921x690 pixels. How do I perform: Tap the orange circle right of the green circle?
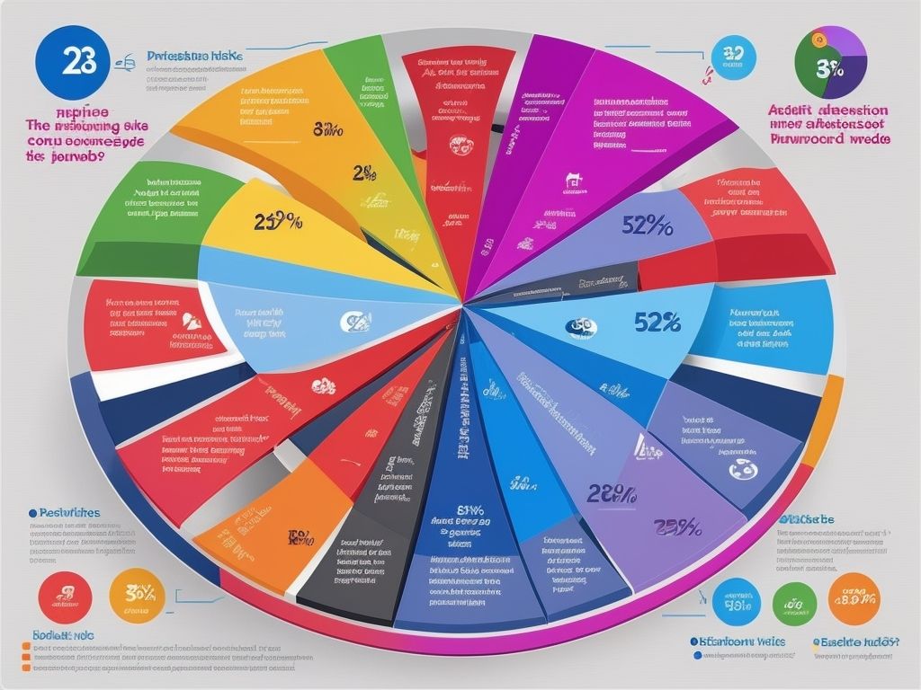click(854, 598)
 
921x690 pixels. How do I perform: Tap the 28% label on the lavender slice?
click(613, 493)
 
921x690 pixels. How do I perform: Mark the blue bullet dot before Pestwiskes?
click(32, 512)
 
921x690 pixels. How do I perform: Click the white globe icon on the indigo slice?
click(743, 467)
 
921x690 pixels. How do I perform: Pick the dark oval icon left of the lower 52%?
click(578, 326)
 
